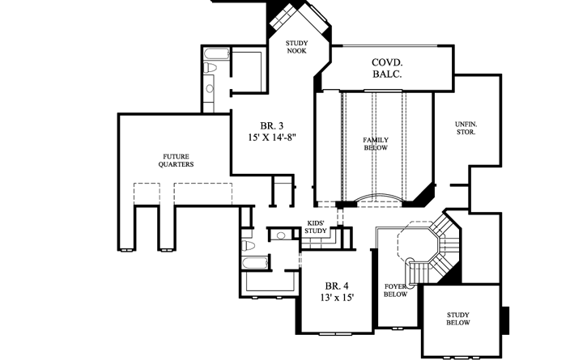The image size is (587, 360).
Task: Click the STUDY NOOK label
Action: click(296, 47)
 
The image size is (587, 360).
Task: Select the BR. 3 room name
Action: click(271, 125)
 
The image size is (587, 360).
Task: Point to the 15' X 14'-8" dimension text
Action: click(272, 138)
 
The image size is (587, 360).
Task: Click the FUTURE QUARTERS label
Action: click(176, 159)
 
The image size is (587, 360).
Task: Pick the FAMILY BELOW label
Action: click(375, 144)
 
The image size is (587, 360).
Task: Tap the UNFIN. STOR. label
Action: click(466, 127)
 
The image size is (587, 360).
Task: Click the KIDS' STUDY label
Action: click(316, 227)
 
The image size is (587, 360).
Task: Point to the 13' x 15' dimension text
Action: click(338, 299)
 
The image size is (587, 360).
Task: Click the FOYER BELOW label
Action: click(394, 290)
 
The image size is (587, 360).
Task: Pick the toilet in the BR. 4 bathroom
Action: click(249, 245)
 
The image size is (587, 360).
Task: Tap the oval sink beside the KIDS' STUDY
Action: click(280, 236)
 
